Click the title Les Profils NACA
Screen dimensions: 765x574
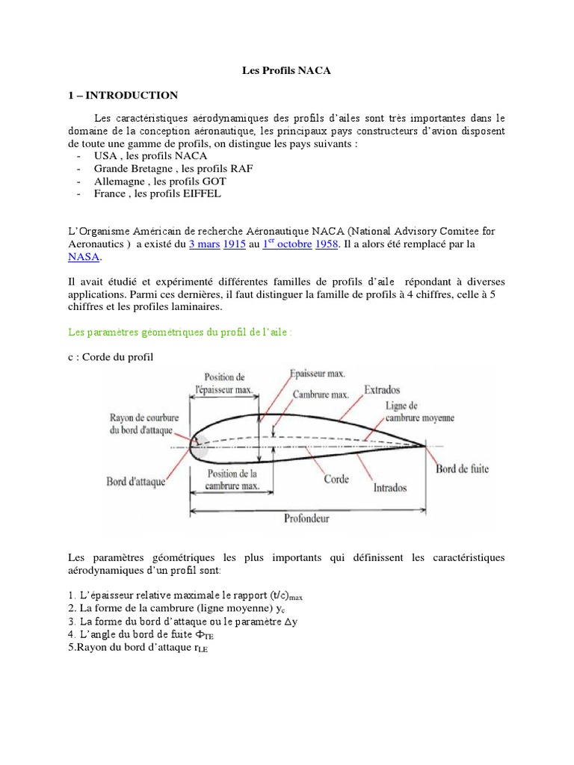click(x=286, y=71)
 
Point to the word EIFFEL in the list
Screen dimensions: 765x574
click(x=201, y=193)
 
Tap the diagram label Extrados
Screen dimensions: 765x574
click(x=382, y=389)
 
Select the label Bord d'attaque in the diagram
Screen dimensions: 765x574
click(x=135, y=483)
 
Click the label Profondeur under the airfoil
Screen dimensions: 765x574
click(x=307, y=518)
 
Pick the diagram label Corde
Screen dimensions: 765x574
click(x=336, y=479)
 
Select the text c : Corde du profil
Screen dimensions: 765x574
click(x=110, y=357)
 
